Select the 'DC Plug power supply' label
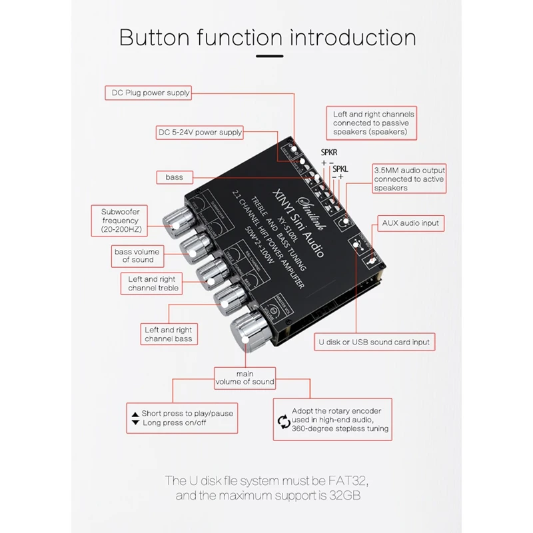(x=148, y=93)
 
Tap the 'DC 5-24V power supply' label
(x=200, y=132)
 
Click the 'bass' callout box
(x=175, y=177)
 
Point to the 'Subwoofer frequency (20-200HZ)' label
(x=120, y=221)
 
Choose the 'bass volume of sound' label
(x=136, y=256)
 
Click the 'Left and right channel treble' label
(x=153, y=283)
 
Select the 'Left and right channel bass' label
(x=168, y=334)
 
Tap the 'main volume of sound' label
(x=245, y=378)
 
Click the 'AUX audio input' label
(x=410, y=223)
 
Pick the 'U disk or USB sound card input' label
(x=374, y=342)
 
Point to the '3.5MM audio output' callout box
(x=408, y=179)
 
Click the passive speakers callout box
(x=373, y=123)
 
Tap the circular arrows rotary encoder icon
(x=283, y=420)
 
